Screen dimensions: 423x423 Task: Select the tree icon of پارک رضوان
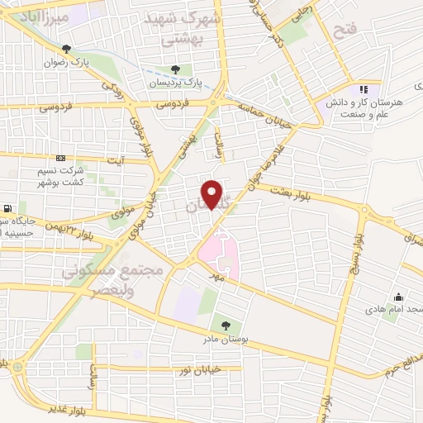coord(66,50)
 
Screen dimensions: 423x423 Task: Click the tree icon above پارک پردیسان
coord(174,69)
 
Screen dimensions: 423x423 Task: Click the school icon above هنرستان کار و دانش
coord(361,89)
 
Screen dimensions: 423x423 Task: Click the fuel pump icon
coord(8,208)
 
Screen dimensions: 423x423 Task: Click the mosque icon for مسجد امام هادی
coord(399,297)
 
